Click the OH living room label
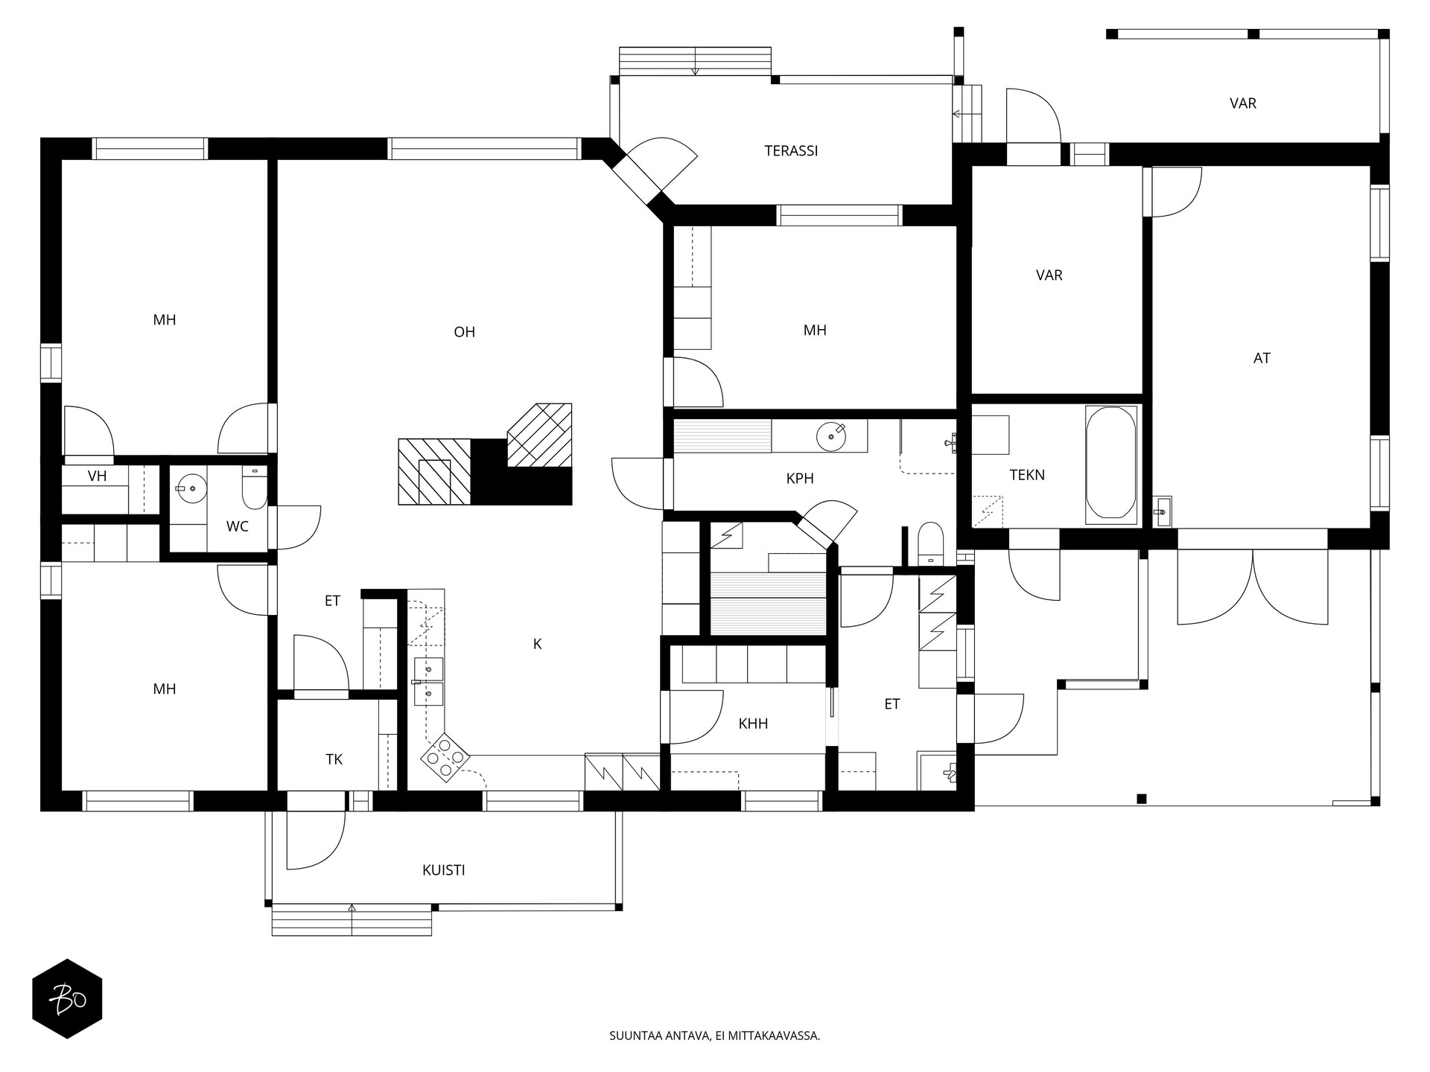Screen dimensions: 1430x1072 [x=464, y=332]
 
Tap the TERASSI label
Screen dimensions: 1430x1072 [x=791, y=151]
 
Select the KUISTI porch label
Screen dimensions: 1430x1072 [x=444, y=870]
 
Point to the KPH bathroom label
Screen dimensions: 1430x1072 [x=800, y=479]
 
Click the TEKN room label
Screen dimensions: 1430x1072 [x=1027, y=475]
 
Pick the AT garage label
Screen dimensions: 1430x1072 [x=1262, y=358]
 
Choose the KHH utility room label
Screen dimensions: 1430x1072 [x=753, y=724]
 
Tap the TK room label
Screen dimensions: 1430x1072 [x=334, y=759]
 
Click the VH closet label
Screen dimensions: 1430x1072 [x=97, y=476]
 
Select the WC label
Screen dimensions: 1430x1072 [x=238, y=527]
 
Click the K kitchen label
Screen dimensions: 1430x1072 [x=537, y=645]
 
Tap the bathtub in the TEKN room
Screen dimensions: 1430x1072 [x=1111, y=462]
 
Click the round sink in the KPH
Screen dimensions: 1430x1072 [x=831, y=437]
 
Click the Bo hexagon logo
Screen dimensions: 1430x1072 [x=67, y=999]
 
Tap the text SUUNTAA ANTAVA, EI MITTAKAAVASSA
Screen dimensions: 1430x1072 [x=714, y=1036]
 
